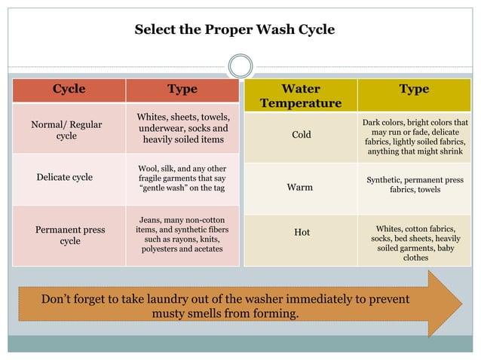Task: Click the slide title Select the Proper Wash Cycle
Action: click(234, 30)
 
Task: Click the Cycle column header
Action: click(69, 90)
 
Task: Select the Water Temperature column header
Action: click(300, 96)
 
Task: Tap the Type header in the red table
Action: click(182, 90)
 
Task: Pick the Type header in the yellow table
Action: click(414, 90)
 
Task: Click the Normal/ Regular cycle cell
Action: click(66, 130)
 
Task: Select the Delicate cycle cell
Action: click(65, 177)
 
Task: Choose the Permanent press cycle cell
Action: click(70, 235)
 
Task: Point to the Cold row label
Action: click(302, 135)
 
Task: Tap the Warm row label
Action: click(300, 187)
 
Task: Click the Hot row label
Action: click(302, 232)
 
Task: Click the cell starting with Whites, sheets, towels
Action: click(183, 129)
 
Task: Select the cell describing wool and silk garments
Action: click(182, 178)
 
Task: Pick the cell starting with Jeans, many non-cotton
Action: click(182, 233)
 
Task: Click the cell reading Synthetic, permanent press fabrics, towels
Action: click(415, 185)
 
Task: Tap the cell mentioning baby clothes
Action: click(415, 243)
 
